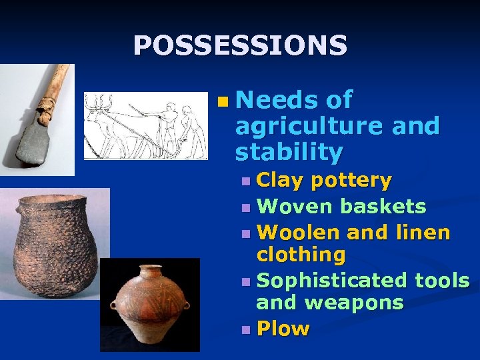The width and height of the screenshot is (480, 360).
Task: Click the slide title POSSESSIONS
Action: coord(240,45)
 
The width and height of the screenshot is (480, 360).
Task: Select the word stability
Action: coord(288,152)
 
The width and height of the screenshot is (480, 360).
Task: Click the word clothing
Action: coord(301,255)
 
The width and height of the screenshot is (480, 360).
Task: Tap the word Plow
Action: coord(283,329)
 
